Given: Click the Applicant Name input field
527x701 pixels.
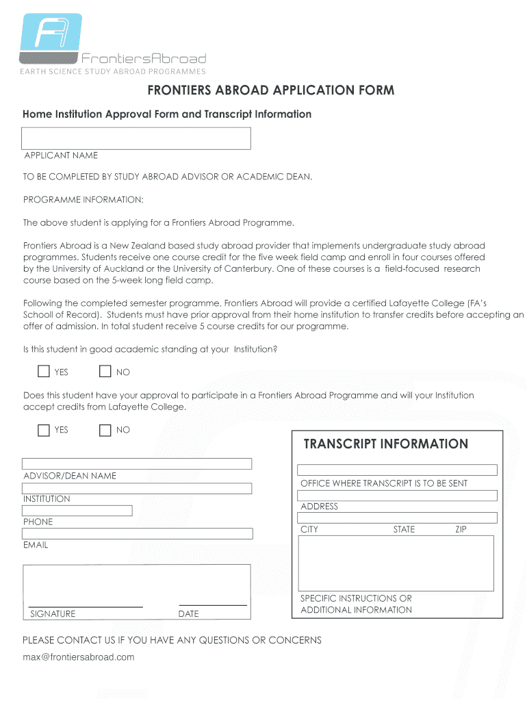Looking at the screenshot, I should click(137, 138).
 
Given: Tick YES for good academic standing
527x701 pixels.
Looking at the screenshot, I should click(44, 372).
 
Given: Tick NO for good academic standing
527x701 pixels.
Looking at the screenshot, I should click(105, 372).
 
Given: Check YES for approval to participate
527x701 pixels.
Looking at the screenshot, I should click(44, 430).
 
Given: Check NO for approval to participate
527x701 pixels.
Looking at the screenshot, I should click(105, 430).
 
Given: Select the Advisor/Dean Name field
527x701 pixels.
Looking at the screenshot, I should click(137, 463).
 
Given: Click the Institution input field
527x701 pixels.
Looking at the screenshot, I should click(137, 488).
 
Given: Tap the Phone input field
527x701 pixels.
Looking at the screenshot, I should click(77, 511).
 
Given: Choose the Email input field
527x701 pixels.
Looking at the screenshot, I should click(138, 534).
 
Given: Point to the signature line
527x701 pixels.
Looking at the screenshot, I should click(86, 605).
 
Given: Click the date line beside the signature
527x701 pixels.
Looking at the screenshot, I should click(212, 604).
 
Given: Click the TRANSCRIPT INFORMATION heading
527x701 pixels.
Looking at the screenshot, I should click(385, 444).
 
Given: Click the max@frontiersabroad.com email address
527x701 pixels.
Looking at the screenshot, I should click(79, 657).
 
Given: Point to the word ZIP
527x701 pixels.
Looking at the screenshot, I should click(461, 529).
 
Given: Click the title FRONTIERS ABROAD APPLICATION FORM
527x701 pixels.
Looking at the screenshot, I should click(271, 91).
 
